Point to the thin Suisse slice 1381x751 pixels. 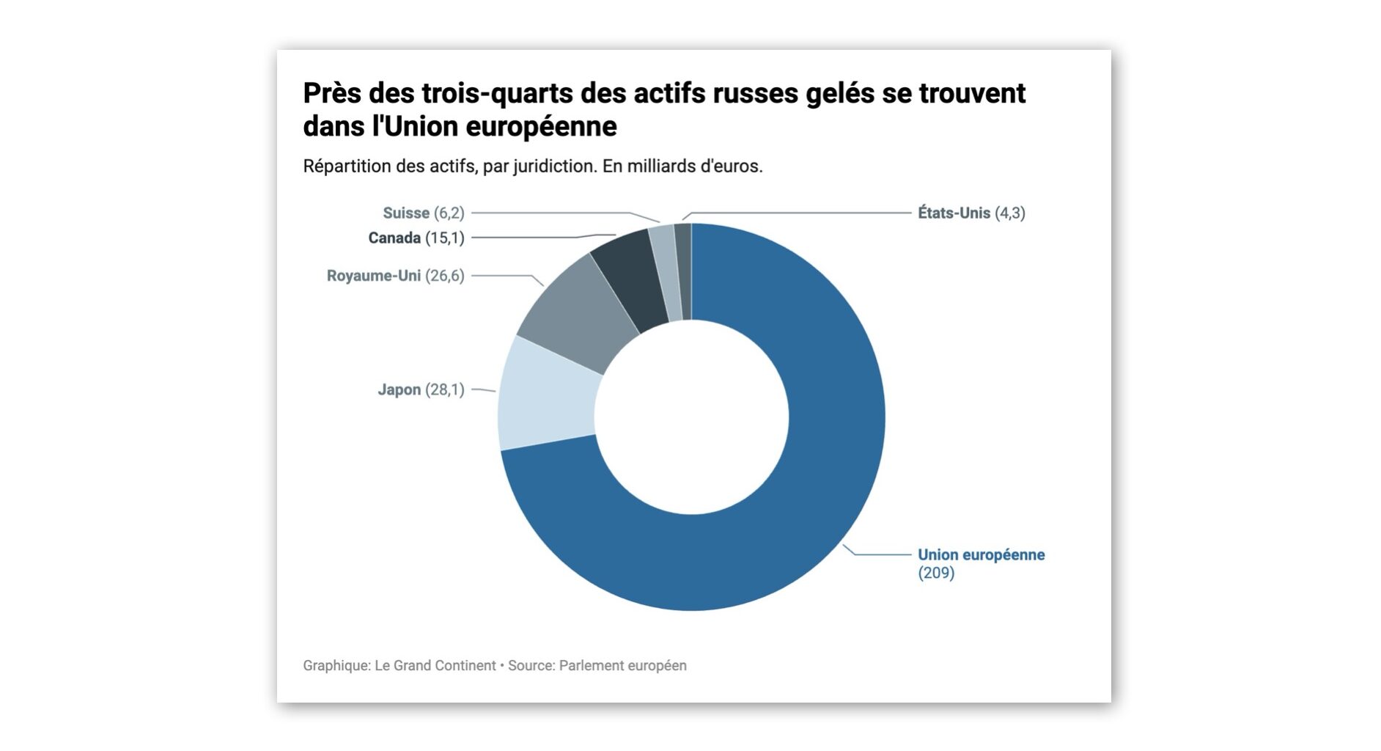click(664, 271)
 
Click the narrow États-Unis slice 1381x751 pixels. click(683, 271)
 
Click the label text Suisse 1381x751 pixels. click(405, 213)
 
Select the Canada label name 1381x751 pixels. click(394, 238)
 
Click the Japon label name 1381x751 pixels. click(399, 389)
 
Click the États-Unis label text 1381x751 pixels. click(954, 213)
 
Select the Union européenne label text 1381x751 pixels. click(981, 554)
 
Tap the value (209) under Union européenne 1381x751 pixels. click(936, 573)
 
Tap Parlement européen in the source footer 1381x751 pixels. click(622, 665)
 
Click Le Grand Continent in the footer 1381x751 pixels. click(435, 665)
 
